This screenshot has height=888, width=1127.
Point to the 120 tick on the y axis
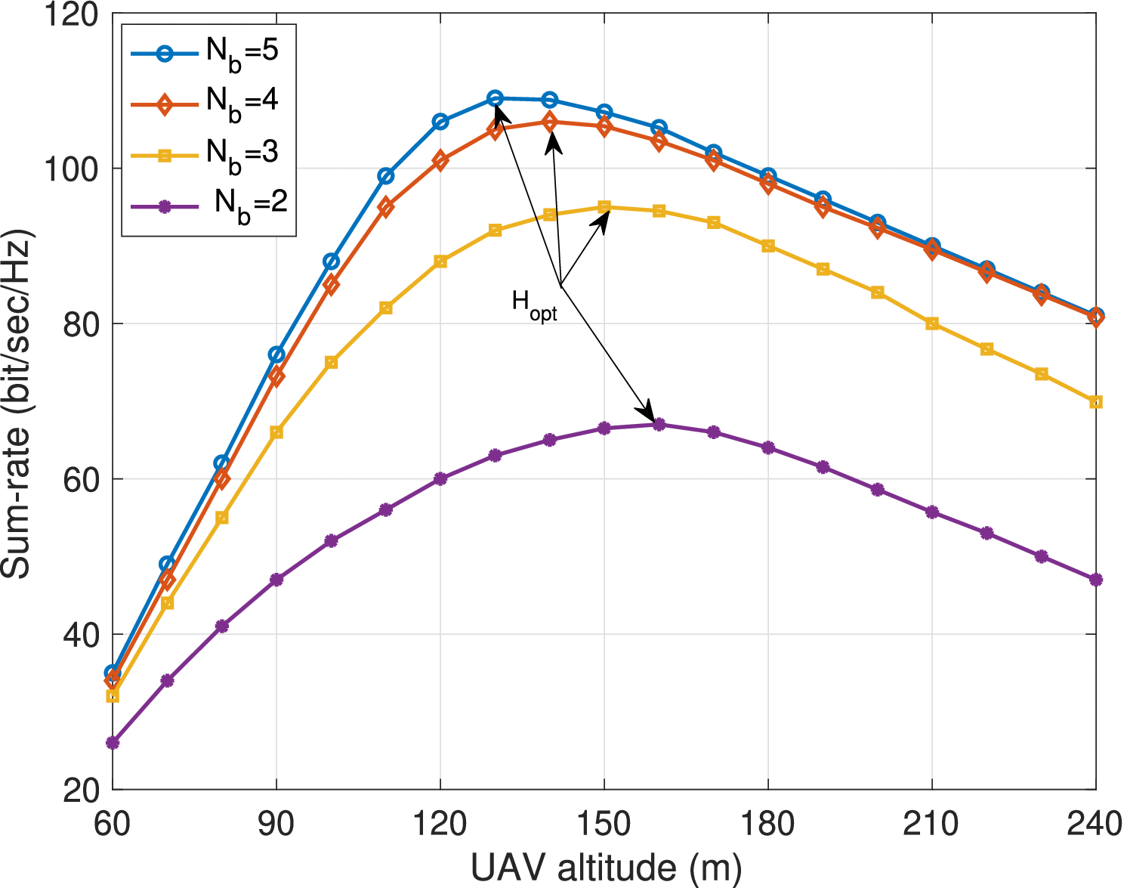pyautogui.click(x=72, y=15)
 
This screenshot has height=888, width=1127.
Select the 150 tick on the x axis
pyautogui.click(x=604, y=824)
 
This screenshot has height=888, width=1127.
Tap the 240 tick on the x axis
pyautogui.click(x=1095, y=824)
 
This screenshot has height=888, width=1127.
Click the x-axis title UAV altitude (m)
pyautogui.click(x=605, y=868)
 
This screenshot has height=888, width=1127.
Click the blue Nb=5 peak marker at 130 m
pyautogui.click(x=495, y=98)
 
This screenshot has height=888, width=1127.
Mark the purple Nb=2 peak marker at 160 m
pyautogui.click(x=659, y=424)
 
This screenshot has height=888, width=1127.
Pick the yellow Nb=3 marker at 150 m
pyautogui.click(x=604, y=207)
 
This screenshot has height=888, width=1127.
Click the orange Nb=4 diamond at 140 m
pyautogui.click(x=550, y=122)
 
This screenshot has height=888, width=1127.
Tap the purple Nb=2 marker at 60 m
pyautogui.click(x=113, y=743)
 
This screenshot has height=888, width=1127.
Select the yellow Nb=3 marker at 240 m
pyautogui.click(x=1096, y=402)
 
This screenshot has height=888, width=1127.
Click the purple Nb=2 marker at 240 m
pyautogui.click(x=1096, y=580)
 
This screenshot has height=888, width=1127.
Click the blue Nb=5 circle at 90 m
pyautogui.click(x=276, y=354)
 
